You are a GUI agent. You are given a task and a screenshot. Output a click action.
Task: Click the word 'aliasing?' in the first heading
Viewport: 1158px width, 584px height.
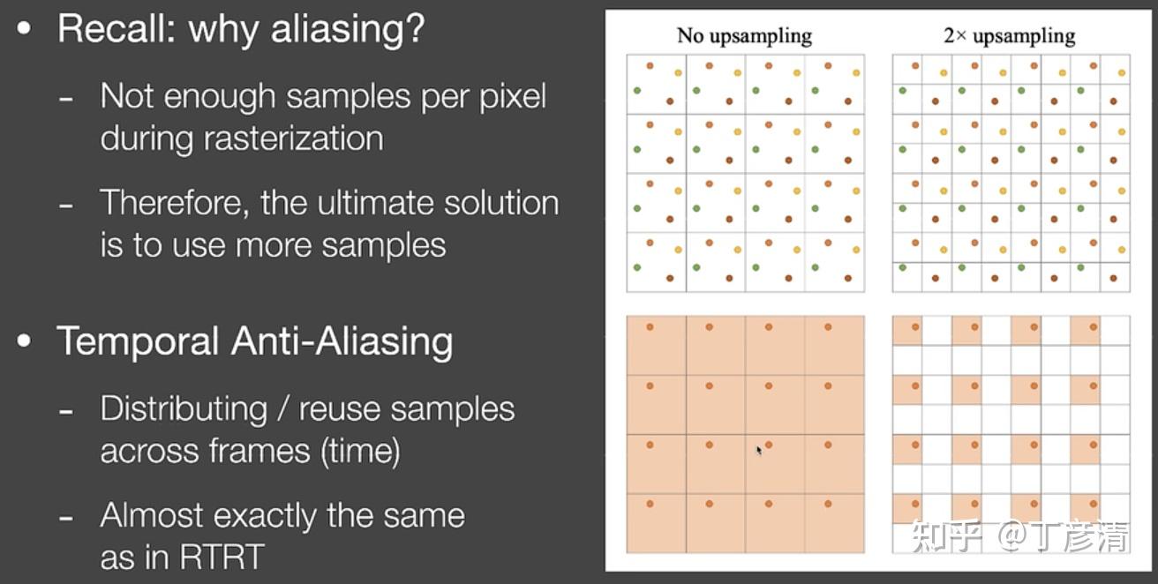click(348, 30)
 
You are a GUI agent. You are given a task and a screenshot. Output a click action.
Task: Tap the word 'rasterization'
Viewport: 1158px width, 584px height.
click(293, 139)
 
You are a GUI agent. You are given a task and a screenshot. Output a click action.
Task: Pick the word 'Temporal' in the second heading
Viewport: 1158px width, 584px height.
click(138, 341)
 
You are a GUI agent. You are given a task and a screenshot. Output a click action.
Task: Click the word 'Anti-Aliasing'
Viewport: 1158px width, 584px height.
click(342, 341)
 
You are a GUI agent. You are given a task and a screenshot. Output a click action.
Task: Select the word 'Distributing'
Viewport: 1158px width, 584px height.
click(184, 409)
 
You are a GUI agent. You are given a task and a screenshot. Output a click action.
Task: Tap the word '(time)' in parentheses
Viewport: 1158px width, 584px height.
click(360, 451)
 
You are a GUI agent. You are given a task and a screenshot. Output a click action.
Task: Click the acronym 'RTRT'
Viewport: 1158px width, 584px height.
click(222, 558)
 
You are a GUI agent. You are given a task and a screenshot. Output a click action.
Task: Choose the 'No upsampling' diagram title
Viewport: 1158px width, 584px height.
click(744, 35)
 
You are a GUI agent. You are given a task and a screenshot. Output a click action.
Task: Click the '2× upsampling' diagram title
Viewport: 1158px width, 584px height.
click(1009, 35)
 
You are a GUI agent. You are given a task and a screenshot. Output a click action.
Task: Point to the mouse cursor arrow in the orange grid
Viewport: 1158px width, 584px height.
click(759, 450)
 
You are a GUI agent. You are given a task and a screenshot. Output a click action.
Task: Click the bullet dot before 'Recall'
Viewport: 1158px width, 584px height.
click(24, 28)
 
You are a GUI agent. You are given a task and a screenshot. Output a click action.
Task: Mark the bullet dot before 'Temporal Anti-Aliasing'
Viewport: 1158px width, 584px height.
click(24, 341)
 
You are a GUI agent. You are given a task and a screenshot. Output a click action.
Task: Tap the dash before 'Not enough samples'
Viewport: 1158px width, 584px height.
click(65, 98)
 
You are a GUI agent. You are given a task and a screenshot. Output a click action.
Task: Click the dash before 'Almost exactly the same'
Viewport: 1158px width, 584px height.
click(65, 517)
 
